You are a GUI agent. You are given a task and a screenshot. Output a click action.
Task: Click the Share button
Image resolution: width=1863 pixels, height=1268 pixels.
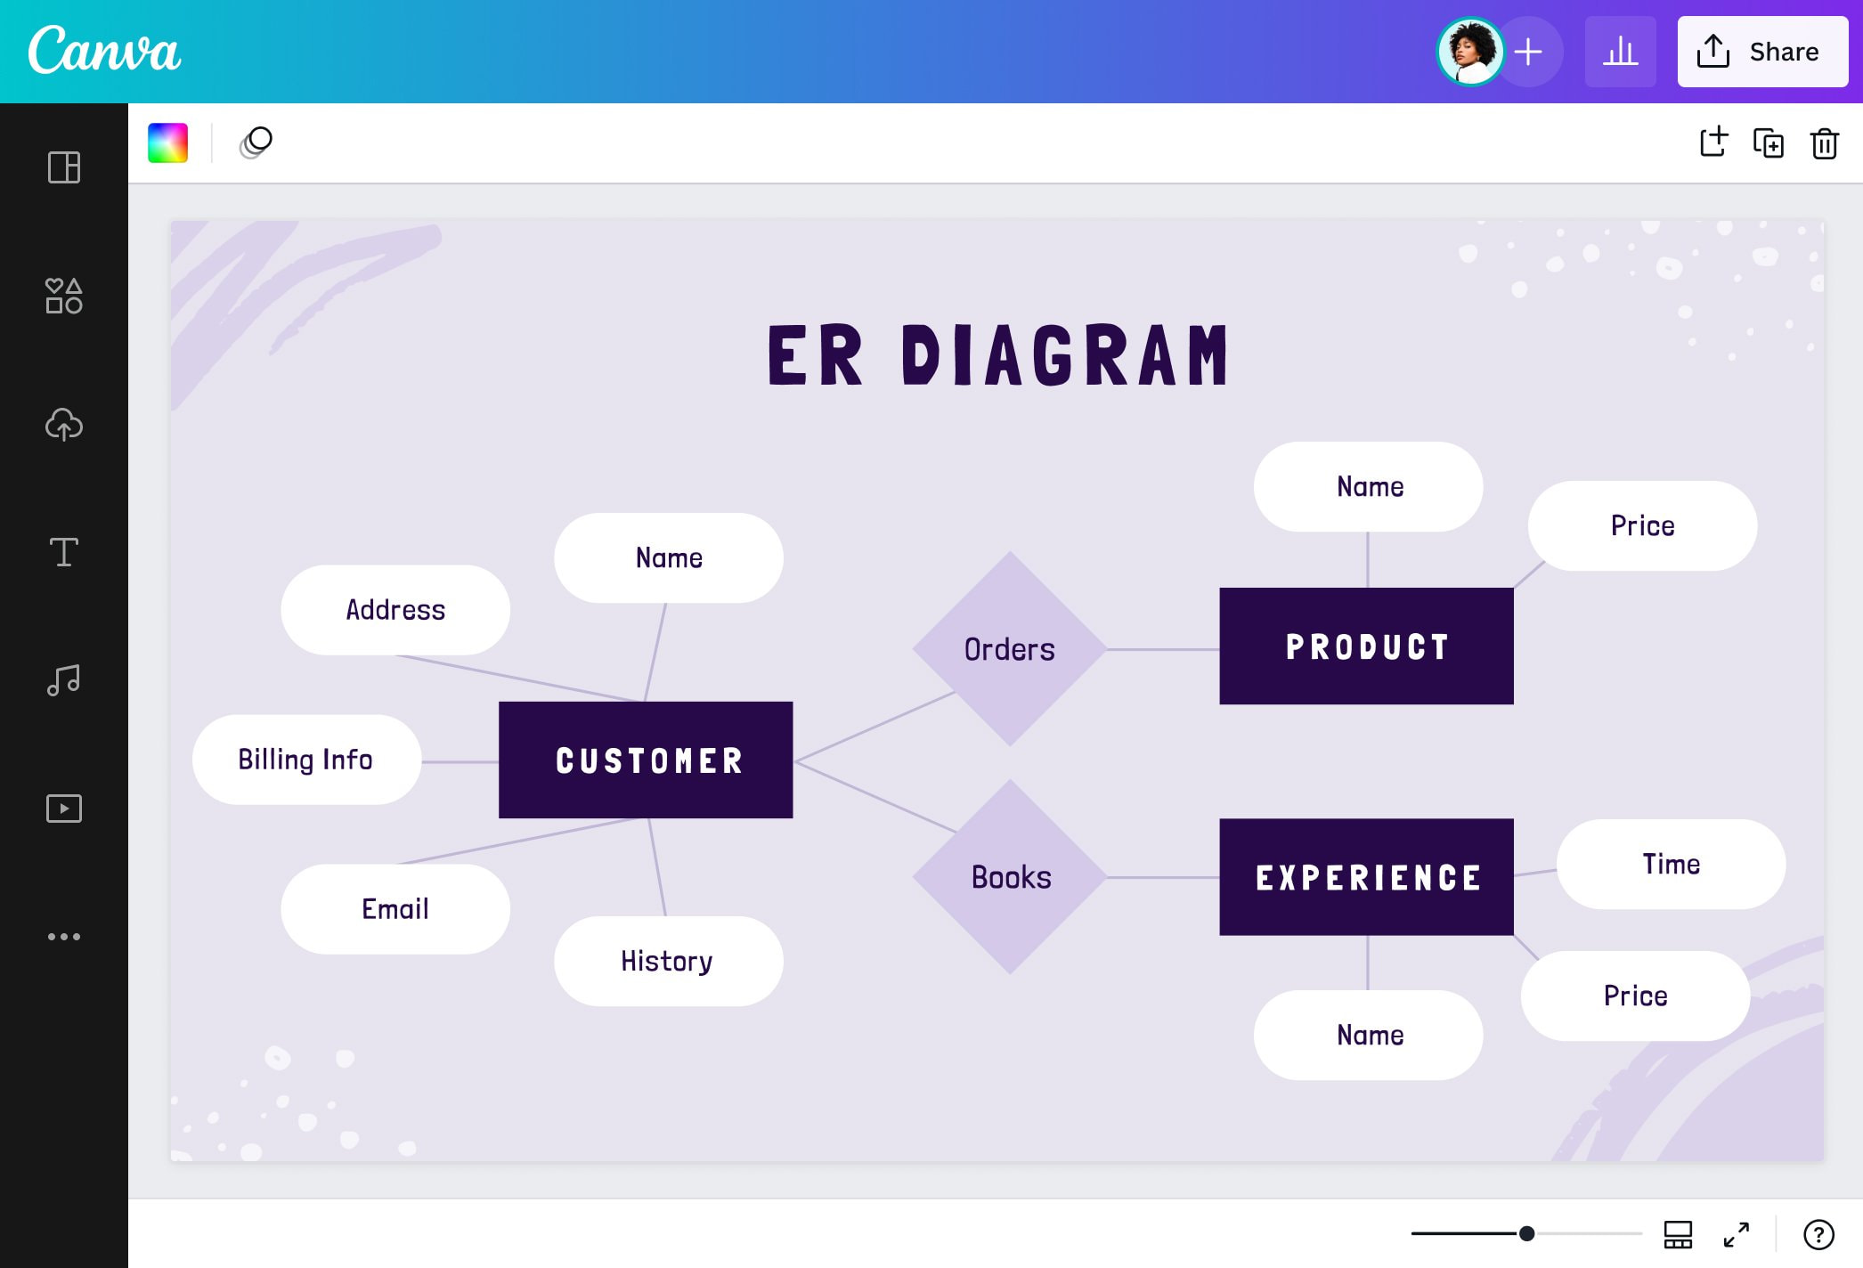(1761, 52)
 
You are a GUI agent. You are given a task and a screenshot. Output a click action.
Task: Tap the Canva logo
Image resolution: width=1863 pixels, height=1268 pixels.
(104, 51)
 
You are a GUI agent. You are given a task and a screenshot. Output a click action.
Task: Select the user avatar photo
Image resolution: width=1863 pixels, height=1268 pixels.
(1470, 52)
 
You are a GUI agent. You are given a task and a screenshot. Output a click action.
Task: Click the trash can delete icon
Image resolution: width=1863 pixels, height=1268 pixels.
(1824, 143)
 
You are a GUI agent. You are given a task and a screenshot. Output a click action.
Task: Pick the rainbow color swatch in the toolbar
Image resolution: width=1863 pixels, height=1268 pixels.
(168, 142)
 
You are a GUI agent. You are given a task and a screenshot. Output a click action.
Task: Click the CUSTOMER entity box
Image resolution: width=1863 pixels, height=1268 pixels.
(646, 760)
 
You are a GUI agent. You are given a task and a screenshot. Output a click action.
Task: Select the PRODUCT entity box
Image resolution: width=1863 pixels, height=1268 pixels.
(1366, 646)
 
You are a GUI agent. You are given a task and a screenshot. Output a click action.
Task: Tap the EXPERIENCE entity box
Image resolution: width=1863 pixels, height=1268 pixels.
(1366, 877)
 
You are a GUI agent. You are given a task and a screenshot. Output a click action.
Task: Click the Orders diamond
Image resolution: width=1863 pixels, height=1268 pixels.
(1010, 649)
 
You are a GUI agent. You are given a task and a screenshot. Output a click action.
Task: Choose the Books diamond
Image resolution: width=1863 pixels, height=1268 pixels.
(1010, 877)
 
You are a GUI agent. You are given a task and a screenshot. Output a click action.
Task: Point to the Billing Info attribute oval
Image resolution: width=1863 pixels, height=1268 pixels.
(306, 760)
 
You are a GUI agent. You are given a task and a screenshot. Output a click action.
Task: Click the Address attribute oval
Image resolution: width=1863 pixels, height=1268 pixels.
(395, 610)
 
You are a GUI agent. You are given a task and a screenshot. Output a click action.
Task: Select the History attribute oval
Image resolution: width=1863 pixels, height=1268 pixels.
(668, 961)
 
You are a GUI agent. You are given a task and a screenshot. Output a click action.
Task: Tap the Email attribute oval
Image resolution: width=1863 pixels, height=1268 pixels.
(395, 909)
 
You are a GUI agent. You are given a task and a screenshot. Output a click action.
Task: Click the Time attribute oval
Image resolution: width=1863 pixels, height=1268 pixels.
(1671, 864)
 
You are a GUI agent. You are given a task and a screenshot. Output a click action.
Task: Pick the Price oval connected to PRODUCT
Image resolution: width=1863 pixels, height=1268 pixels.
(1642, 525)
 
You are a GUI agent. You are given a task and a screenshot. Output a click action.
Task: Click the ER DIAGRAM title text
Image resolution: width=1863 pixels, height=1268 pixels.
(997, 356)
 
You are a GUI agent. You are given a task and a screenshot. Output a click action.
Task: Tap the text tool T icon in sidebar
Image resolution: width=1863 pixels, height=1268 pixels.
(64, 552)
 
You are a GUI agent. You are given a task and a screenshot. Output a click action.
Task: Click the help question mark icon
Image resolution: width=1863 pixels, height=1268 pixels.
(1818, 1234)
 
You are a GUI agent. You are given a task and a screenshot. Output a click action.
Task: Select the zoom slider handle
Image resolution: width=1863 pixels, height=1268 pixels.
(1526, 1233)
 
